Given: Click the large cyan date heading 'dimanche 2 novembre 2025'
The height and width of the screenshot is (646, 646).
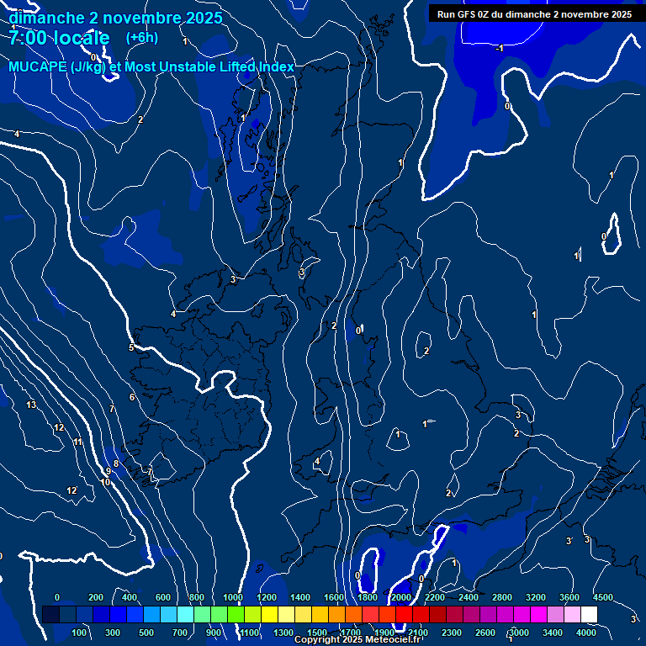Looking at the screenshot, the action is point(115,18).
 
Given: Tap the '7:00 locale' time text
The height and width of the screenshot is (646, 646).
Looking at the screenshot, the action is point(59,38).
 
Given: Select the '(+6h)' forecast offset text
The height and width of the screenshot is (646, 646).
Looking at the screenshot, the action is point(141,38).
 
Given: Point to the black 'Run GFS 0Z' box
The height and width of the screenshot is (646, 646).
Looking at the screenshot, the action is point(534,14).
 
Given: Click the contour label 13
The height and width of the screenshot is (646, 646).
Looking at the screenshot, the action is point(31,405).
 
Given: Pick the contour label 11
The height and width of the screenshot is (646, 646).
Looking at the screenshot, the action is point(78,442).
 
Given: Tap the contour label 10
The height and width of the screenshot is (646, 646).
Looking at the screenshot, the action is point(105,483).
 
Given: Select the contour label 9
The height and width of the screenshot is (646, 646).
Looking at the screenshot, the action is point(109,472).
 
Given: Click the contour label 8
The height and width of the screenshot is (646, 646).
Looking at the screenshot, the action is point(116,463).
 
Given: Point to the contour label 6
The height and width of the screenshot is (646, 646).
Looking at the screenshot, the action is point(132,397).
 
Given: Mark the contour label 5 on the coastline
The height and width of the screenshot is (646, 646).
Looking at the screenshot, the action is point(131,347).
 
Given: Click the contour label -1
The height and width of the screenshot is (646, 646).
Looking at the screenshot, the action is point(499,49).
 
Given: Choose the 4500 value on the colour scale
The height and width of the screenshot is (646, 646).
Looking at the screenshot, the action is point(603,597).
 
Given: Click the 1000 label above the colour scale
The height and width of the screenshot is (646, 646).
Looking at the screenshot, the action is point(232,597).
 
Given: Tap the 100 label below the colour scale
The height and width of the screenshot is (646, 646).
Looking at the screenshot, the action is point(80,633).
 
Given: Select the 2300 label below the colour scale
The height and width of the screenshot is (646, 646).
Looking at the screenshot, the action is point(451,633).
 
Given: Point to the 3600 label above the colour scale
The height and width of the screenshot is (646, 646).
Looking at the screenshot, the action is point(569,597).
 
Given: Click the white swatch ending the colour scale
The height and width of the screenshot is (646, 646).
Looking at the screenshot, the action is point(589,614).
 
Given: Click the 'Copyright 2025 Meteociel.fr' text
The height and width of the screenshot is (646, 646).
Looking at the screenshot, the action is point(357,640).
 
